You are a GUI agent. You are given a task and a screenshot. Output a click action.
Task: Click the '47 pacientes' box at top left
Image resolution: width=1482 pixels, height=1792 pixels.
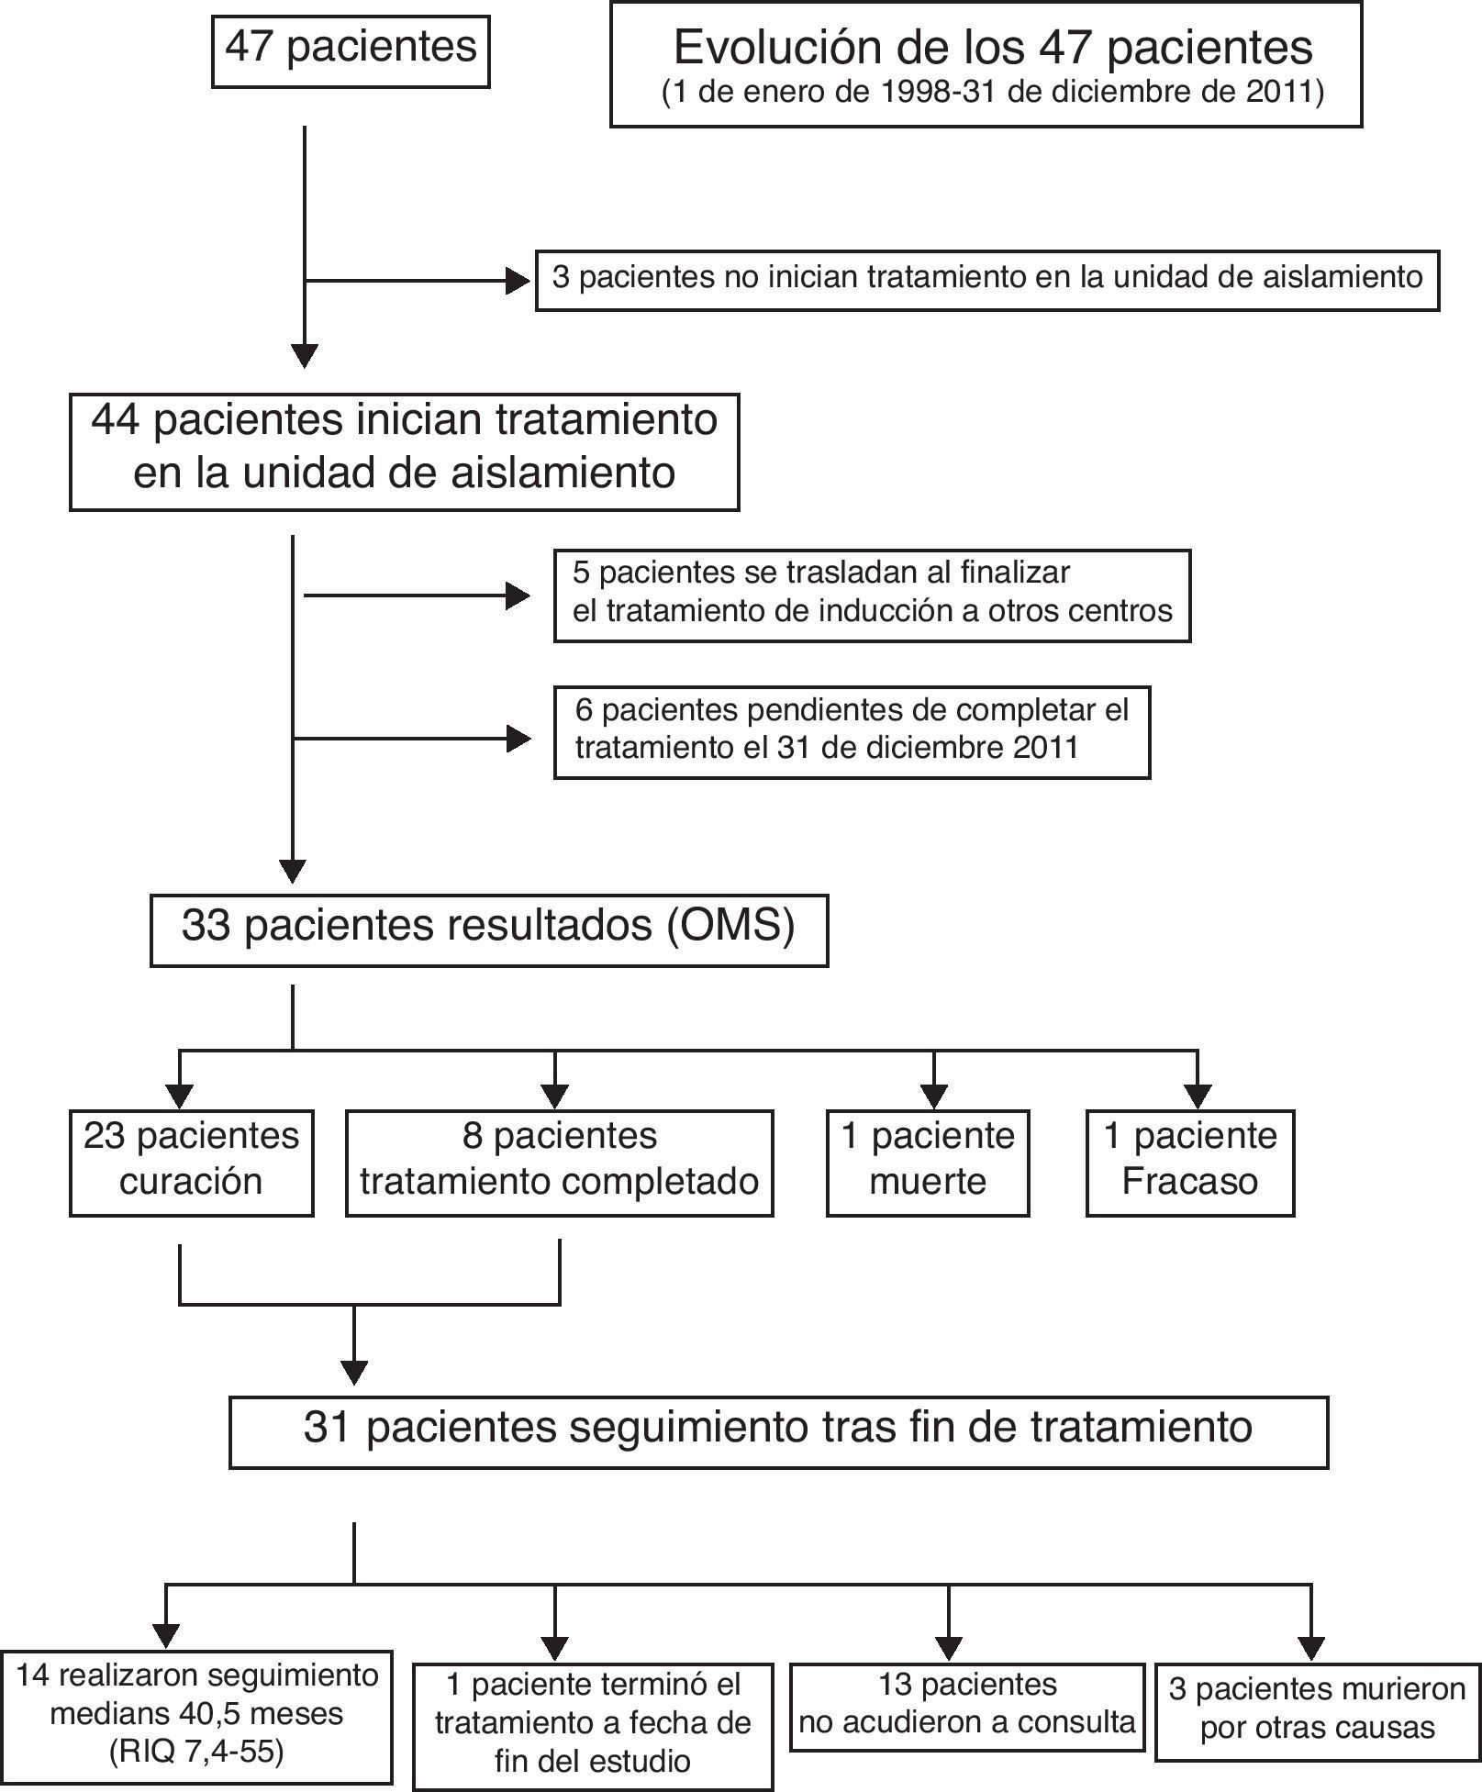click(351, 47)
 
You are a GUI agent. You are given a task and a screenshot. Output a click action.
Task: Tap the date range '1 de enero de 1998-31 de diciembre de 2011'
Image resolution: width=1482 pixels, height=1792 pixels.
click(993, 94)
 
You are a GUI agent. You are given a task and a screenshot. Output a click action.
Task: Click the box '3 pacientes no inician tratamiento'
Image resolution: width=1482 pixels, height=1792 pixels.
click(986, 278)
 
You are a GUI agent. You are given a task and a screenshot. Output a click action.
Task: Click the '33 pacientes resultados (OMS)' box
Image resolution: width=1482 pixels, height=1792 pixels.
click(488, 927)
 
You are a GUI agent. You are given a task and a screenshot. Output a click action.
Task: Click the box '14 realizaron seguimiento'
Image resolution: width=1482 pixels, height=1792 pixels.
click(196, 1714)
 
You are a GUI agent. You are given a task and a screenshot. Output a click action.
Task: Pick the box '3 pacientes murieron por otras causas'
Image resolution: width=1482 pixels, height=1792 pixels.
click(1317, 1709)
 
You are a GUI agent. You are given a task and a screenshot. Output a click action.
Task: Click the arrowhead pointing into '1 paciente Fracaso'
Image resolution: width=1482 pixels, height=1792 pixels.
click(1198, 1096)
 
